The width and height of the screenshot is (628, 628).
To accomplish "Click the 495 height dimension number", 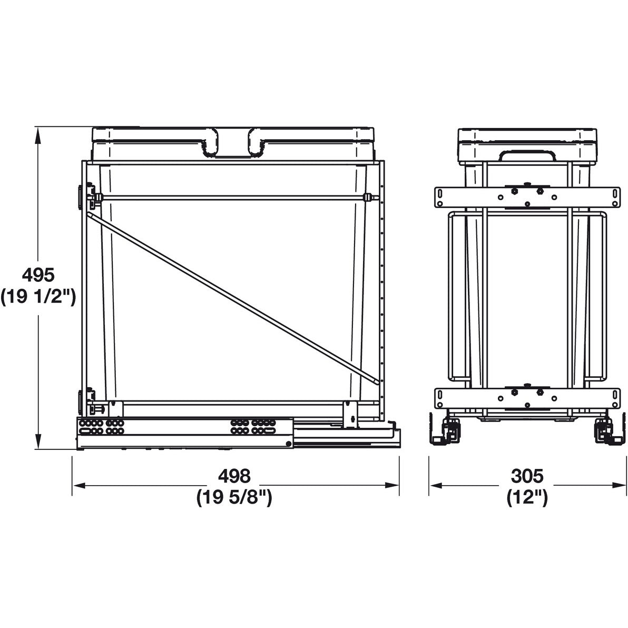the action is [x=38, y=275].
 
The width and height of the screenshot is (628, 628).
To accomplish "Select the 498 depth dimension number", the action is [x=234, y=476].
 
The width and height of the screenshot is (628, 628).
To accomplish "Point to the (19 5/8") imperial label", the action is [x=234, y=498].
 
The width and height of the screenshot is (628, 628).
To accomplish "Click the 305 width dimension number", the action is [x=527, y=476].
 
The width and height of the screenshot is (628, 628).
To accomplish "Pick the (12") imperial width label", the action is [x=527, y=498].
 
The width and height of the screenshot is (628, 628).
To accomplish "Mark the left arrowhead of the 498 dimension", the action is [x=80, y=485].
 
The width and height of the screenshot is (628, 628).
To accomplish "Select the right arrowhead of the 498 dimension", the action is [x=391, y=485].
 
